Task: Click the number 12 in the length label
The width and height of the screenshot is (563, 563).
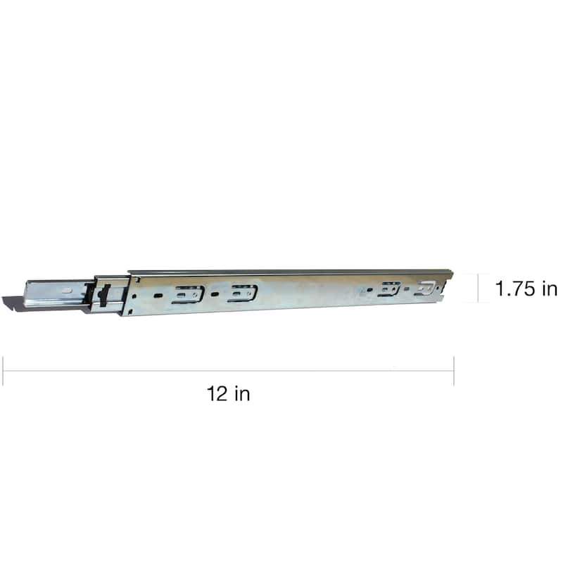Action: point(217,394)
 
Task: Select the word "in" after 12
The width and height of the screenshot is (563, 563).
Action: point(241,394)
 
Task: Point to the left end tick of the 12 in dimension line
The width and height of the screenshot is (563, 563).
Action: point(3,371)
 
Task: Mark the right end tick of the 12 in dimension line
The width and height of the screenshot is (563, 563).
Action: point(454,371)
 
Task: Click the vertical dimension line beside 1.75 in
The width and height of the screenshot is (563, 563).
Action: point(479,288)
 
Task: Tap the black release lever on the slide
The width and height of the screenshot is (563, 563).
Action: point(103,295)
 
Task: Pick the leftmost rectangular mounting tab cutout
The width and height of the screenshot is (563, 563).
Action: point(187,294)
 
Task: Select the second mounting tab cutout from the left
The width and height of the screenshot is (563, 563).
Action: point(242,293)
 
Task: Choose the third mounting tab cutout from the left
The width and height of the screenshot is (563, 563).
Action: point(388,289)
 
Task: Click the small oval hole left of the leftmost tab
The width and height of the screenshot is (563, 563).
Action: point(159,296)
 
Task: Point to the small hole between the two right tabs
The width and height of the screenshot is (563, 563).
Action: point(407,289)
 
